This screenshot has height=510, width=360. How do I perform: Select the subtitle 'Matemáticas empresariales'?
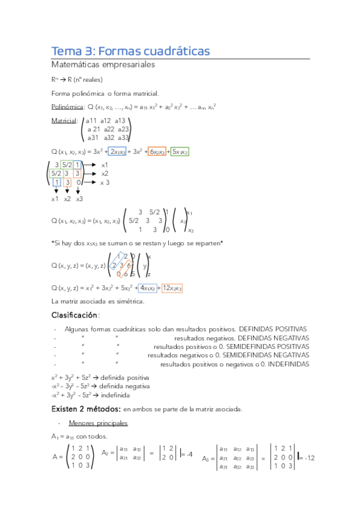coord(103,64)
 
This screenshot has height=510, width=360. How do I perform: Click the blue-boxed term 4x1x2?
coord(147,288)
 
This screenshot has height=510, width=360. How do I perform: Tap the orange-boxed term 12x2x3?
coord(172,288)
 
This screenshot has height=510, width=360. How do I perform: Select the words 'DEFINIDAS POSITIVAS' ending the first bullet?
coord(273,329)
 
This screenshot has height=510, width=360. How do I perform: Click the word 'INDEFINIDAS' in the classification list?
coord(289,364)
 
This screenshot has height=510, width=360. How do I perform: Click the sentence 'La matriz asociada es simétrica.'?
coord(98,301)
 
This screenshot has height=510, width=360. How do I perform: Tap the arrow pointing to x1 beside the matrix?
coord(90,164)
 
